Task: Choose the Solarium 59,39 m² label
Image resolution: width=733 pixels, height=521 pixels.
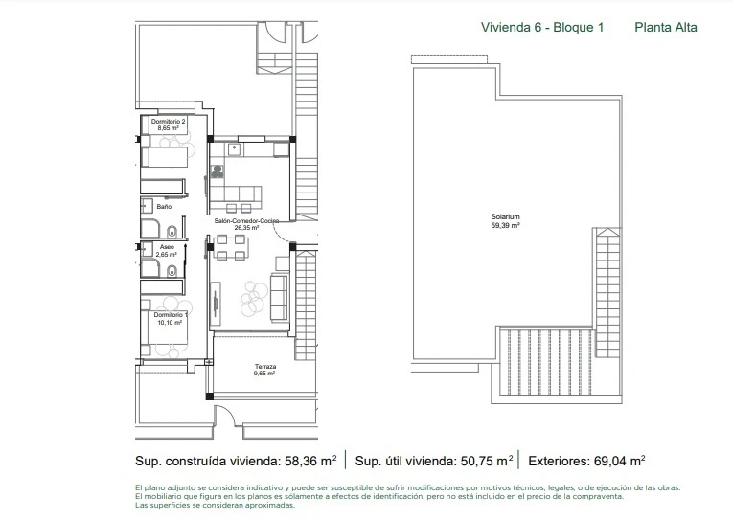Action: [x=505, y=220]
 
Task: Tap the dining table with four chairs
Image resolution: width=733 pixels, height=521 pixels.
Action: [x=230, y=248]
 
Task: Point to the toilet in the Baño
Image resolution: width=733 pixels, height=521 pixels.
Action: [x=170, y=229]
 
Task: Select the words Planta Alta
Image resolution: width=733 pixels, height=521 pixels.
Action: [x=666, y=27]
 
